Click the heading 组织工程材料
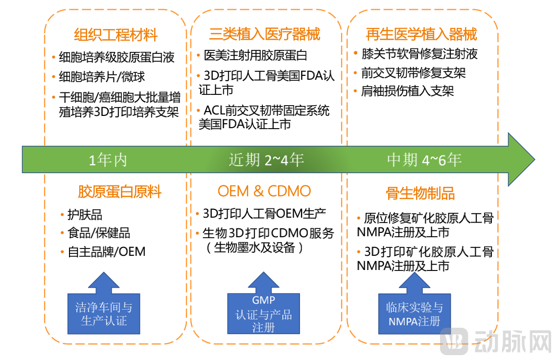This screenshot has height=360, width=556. click(116, 35)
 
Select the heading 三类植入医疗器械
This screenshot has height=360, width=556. click(264, 34)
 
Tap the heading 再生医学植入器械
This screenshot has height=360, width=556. click(421, 34)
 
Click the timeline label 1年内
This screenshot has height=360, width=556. click(108, 160)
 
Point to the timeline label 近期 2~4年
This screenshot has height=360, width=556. click(266, 160)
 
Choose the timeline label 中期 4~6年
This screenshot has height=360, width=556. click(424, 160)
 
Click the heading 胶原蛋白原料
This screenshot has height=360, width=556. click(119, 192)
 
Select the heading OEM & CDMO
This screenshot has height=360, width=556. click(264, 191)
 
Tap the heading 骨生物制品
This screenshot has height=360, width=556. click(420, 193)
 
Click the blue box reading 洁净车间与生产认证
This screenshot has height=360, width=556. click(104, 314)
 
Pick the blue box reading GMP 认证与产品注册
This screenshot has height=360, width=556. click(263, 314)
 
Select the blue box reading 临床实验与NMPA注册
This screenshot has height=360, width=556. click(415, 314)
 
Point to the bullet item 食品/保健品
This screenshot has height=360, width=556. click(98, 233)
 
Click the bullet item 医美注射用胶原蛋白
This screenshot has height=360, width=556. click(255, 56)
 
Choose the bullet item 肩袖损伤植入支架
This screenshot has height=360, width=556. click(407, 91)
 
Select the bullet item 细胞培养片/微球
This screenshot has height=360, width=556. click(101, 77)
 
